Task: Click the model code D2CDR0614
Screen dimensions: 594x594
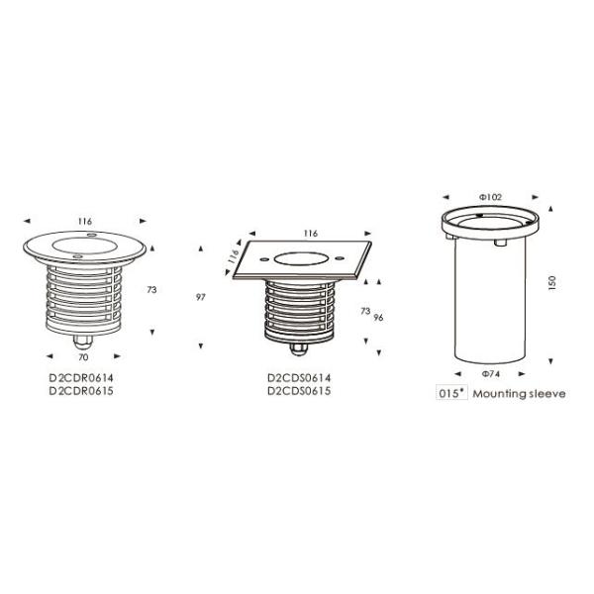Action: point(81,378)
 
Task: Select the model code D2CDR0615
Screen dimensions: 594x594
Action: point(81,391)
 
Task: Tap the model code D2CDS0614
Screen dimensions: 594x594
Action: point(299,378)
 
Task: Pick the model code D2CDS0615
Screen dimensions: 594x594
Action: point(299,391)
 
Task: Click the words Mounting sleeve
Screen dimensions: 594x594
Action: point(519,394)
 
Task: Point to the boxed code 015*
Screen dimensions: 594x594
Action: point(451,393)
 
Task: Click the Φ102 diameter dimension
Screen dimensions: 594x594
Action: point(490,197)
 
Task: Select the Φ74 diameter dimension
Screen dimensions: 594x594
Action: point(491,374)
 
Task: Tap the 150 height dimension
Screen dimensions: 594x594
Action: point(552,283)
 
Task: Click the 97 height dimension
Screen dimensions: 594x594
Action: point(201,297)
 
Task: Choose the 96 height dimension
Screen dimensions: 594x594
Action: point(378,318)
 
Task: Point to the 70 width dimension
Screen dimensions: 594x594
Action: point(83,357)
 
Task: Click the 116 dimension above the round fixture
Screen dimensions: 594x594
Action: point(85,221)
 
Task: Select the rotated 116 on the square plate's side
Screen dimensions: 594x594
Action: point(233,256)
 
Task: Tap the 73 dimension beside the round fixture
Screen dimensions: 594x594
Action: point(151,290)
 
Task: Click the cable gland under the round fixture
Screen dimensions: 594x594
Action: point(83,343)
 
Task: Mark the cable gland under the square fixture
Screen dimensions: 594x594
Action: point(299,349)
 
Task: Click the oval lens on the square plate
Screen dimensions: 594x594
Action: point(300,259)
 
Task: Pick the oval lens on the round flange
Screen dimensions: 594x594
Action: point(83,246)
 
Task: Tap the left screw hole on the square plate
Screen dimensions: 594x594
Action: point(263,259)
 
